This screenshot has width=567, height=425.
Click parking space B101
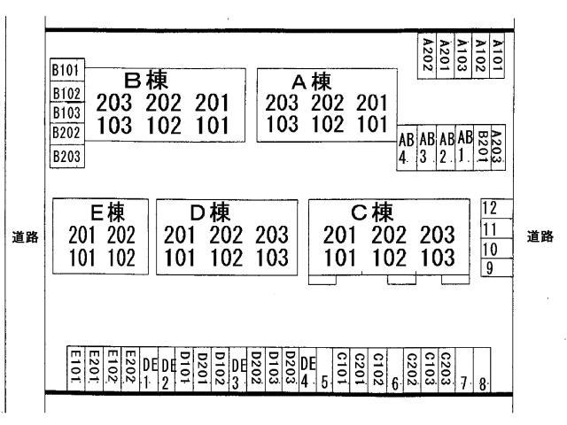(x=67, y=69)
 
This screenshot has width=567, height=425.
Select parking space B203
(x=67, y=156)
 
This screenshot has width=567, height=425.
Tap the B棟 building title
(x=146, y=81)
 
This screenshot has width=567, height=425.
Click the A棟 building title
(x=311, y=81)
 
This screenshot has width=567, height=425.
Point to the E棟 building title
(x=108, y=212)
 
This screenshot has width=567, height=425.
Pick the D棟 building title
(x=210, y=212)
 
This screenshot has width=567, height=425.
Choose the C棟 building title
(x=372, y=212)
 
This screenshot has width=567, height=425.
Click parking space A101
(x=497, y=56)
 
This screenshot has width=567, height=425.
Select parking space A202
(x=427, y=56)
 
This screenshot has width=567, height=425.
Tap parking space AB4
(x=407, y=148)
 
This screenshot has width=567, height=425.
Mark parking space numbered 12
(x=496, y=209)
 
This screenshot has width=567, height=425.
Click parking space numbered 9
(x=496, y=267)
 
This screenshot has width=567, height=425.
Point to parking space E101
(x=76, y=368)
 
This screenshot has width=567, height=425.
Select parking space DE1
(x=149, y=368)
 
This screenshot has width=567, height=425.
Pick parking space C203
(x=447, y=368)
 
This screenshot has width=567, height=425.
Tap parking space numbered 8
(x=482, y=369)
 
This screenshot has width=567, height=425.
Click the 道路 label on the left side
(x=26, y=237)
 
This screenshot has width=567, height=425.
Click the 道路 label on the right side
(x=540, y=236)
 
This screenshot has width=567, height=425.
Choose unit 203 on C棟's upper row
(x=437, y=235)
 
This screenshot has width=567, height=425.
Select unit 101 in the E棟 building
(x=82, y=258)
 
